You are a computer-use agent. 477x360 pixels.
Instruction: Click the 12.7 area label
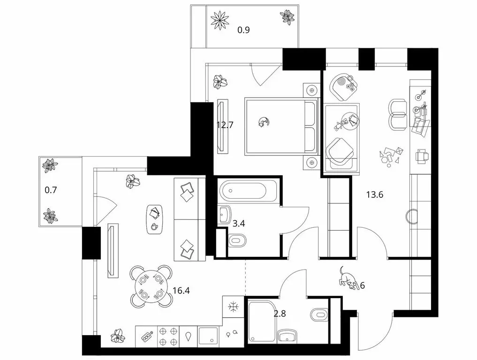pos(225,125)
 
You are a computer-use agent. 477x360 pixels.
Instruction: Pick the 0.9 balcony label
pos(243,31)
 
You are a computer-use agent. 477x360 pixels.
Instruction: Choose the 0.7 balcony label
pos(50,191)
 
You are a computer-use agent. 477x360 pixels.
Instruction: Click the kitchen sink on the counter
pos(207,336)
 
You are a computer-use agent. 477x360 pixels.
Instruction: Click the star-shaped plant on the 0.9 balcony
pos(219,20)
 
